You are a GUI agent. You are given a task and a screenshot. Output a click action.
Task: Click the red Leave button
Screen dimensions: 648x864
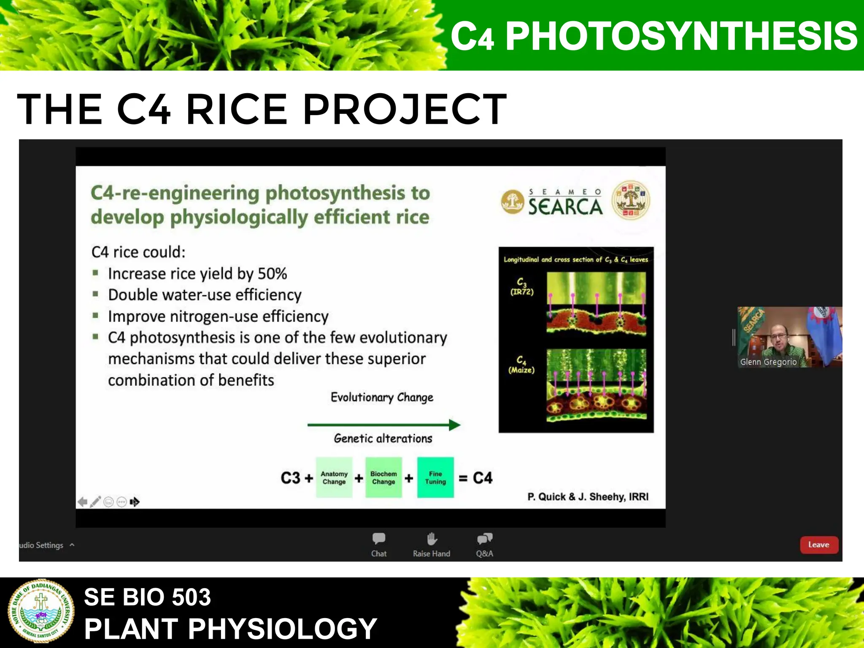click(x=818, y=545)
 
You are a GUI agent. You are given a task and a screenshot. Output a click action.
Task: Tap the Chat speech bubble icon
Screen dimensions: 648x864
click(x=378, y=539)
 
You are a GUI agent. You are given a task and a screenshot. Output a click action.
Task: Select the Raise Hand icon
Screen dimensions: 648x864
click(x=432, y=539)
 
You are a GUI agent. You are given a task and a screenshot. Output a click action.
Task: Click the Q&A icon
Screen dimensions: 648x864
click(x=484, y=539)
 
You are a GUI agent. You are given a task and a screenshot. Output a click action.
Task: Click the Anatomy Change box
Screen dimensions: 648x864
click(x=334, y=478)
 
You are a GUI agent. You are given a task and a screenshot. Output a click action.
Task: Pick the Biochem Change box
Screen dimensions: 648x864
click(x=383, y=478)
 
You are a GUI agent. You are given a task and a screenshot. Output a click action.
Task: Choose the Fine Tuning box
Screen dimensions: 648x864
click(x=435, y=478)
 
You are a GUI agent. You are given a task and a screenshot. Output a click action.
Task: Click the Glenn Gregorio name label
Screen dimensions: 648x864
click(x=768, y=362)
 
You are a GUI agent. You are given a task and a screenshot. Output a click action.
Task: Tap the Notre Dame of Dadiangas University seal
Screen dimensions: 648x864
click(x=41, y=611)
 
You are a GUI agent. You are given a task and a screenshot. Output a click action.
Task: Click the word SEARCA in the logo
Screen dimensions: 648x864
click(x=565, y=207)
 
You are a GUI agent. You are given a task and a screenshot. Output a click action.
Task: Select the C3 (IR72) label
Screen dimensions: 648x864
click(x=522, y=287)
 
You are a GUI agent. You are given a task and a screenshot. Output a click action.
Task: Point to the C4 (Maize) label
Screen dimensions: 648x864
click(x=521, y=365)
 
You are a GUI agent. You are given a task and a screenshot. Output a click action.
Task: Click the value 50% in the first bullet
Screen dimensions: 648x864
click(x=272, y=274)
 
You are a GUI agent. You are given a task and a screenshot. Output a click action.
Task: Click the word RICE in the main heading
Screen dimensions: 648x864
click(x=236, y=109)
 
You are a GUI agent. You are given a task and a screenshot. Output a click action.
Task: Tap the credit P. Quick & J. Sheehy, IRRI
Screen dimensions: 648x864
click(x=588, y=497)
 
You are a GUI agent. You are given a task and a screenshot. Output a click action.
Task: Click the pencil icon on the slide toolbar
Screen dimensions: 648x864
click(x=95, y=502)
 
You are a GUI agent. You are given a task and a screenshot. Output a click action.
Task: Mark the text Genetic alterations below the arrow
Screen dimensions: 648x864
click(x=383, y=439)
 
